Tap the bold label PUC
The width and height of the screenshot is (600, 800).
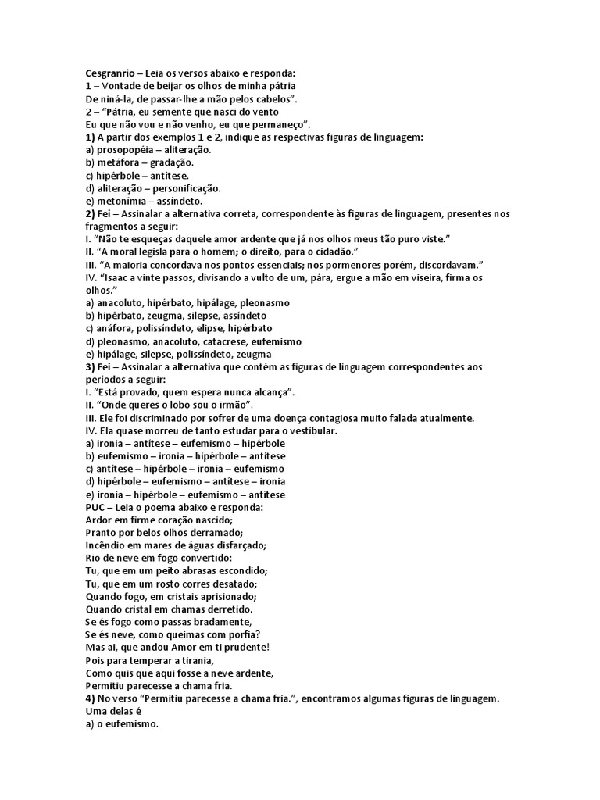(95, 507)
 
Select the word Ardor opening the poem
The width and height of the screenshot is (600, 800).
(100, 520)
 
